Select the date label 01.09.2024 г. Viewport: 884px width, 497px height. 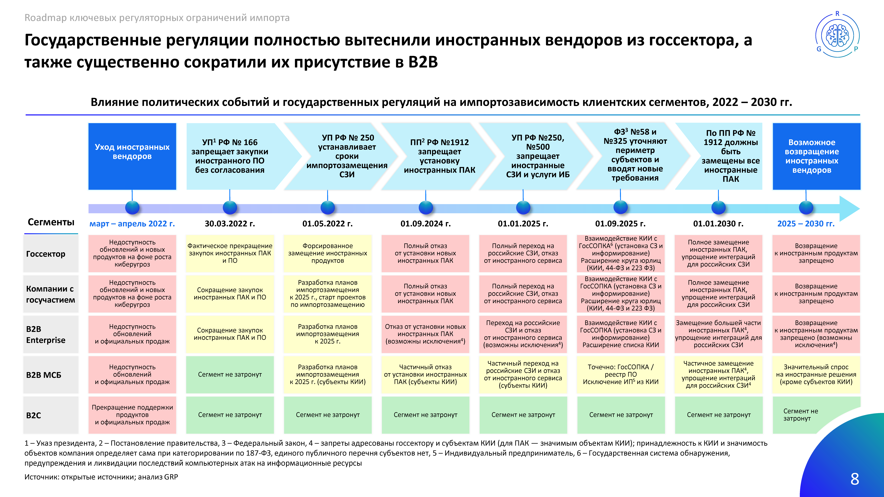point(426,224)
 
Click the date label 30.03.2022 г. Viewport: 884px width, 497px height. point(230,224)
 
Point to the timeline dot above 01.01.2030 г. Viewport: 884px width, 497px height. point(718,208)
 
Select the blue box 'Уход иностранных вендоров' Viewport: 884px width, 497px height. point(132,156)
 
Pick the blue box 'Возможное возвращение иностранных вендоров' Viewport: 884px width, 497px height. point(816,156)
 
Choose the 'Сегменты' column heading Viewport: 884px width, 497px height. point(51,222)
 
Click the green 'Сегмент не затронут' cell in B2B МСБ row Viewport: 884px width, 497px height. point(230,375)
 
